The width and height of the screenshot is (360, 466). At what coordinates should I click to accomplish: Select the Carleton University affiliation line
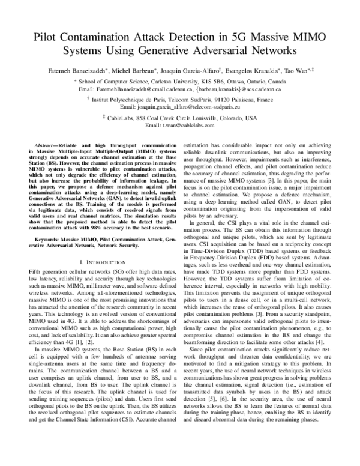[x=179, y=79]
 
